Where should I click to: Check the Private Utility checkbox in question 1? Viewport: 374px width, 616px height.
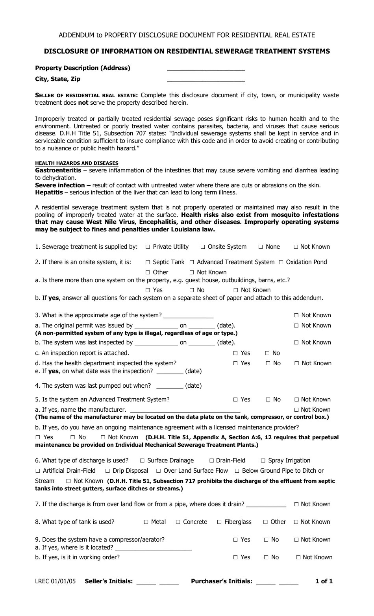coord(148,247)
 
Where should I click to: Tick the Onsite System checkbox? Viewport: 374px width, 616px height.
coord(203,247)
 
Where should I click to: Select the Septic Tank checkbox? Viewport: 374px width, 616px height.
coord(148,262)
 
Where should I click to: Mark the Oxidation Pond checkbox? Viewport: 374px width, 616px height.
coord(281,262)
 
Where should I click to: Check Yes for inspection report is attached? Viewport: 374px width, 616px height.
coord(235,353)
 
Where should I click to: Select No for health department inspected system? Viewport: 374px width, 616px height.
coord(268,363)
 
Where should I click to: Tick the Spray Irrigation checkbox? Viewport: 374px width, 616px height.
coord(263,461)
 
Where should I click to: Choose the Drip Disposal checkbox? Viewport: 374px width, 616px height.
coord(107,471)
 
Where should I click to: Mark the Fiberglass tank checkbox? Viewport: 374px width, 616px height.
coord(219,522)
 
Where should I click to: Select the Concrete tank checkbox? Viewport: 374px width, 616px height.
coord(178,522)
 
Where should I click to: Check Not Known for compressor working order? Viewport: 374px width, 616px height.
coord(298,557)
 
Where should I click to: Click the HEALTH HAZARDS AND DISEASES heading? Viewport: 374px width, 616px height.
coord(76,163)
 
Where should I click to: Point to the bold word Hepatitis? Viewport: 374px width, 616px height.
coord(49,192)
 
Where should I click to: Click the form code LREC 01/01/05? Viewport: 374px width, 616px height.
coord(55,581)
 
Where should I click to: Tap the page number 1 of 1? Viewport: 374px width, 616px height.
coord(324,581)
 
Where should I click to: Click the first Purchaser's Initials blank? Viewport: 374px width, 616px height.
coord(265,582)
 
